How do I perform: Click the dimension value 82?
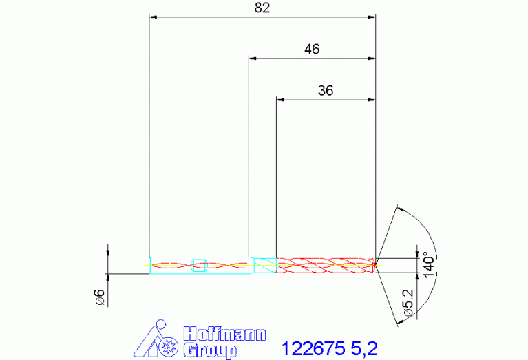pyautogui.click(x=262, y=8)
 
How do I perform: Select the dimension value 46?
pyautogui.click(x=312, y=49)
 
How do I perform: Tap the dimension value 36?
pyautogui.click(x=326, y=91)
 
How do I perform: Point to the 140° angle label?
pyautogui.click(x=429, y=265)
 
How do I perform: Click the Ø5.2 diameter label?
pyautogui.click(x=408, y=302)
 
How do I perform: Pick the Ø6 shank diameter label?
pyautogui.click(x=100, y=297)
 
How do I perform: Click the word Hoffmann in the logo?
pyautogui.click(x=224, y=334)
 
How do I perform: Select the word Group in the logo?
pyautogui.click(x=210, y=350)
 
